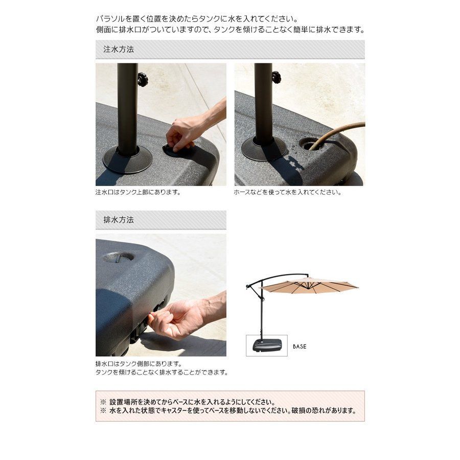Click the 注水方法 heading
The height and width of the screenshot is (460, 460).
[119, 49]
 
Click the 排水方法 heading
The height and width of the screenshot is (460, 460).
[119, 220]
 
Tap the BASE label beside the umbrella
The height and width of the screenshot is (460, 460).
[300, 347]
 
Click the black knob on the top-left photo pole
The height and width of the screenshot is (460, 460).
[143, 79]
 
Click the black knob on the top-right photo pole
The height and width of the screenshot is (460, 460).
[277, 77]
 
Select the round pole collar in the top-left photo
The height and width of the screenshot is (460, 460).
[128, 159]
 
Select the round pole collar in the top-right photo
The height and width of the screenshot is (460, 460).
[264, 149]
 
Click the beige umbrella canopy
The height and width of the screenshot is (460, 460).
[309, 286]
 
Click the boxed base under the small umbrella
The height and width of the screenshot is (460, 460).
[267, 346]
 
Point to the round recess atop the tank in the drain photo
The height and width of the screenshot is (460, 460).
[118, 257]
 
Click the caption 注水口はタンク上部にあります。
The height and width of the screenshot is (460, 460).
[138, 193]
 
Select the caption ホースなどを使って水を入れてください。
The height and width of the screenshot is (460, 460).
[287, 193]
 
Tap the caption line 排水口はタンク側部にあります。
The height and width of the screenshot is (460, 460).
[139, 364]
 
